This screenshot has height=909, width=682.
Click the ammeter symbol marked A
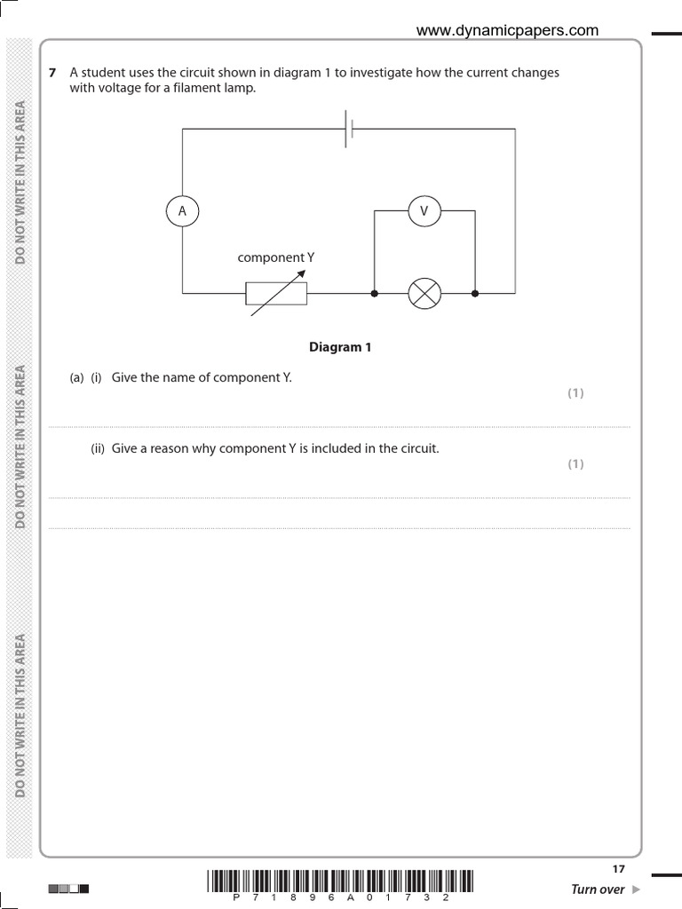(182, 210)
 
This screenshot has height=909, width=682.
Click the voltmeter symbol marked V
(424, 210)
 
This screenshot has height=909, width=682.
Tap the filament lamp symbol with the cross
(424, 293)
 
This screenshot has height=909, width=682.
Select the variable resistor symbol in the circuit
(276, 293)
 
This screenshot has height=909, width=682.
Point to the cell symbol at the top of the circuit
(350, 130)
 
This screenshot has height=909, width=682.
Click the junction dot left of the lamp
(374, 293)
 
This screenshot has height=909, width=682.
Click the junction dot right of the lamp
(475, 293)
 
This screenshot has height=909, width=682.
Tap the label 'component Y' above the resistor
(276, 257)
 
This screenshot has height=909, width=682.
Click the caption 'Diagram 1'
(340, 347)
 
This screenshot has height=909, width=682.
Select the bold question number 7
(53, 74)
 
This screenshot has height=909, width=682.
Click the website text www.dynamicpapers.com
(508, 30)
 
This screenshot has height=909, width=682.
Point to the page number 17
(619, 869)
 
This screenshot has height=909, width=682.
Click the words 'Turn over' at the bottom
(598, 889)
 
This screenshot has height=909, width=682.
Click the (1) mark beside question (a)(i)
(575, 393)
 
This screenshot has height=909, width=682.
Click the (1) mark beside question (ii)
(575, 463)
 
